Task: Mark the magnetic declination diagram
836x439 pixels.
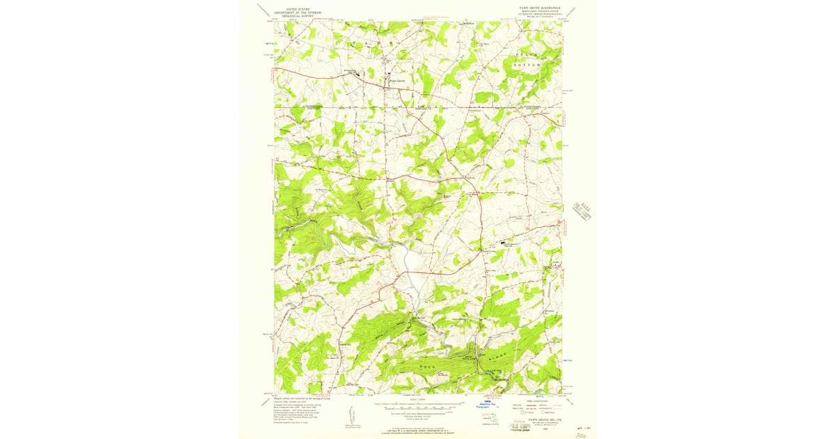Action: [x=348, y=415]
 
